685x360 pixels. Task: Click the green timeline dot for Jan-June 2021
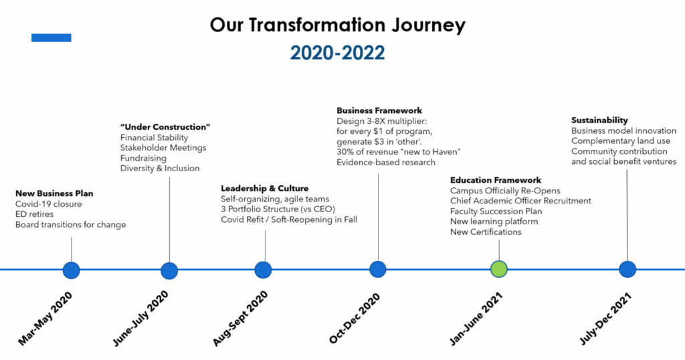[x=499, y=269]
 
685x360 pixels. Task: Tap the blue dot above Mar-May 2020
[x=71, y=270]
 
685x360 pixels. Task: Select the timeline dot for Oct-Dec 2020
[x=378, y=269]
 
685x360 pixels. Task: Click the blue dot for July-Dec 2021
[x=627, y=269]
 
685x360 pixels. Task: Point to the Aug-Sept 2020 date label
[x=240, y=319]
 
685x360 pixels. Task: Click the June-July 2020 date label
[x=140, y=319]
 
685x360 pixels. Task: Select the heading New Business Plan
[x=54, y=193]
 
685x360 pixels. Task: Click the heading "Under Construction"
[x=165, y=127]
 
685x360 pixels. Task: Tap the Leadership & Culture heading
[x=264, y=188]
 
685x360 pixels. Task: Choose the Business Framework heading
[x=379, y=110]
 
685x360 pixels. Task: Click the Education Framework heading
[x=496, y=180]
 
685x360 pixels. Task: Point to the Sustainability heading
[x=599, y=120]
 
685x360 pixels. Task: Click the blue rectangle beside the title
[x=51, y=38]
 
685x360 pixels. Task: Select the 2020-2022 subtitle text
[x=338, y=53]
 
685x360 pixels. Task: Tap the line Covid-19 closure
[x=48, y=204]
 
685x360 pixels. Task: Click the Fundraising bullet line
[x=143, y=158]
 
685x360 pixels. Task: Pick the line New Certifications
[x=486, y=232]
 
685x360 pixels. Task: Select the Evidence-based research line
[x=386, y=163]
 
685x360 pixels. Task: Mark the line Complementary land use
[x=621, y=141]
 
